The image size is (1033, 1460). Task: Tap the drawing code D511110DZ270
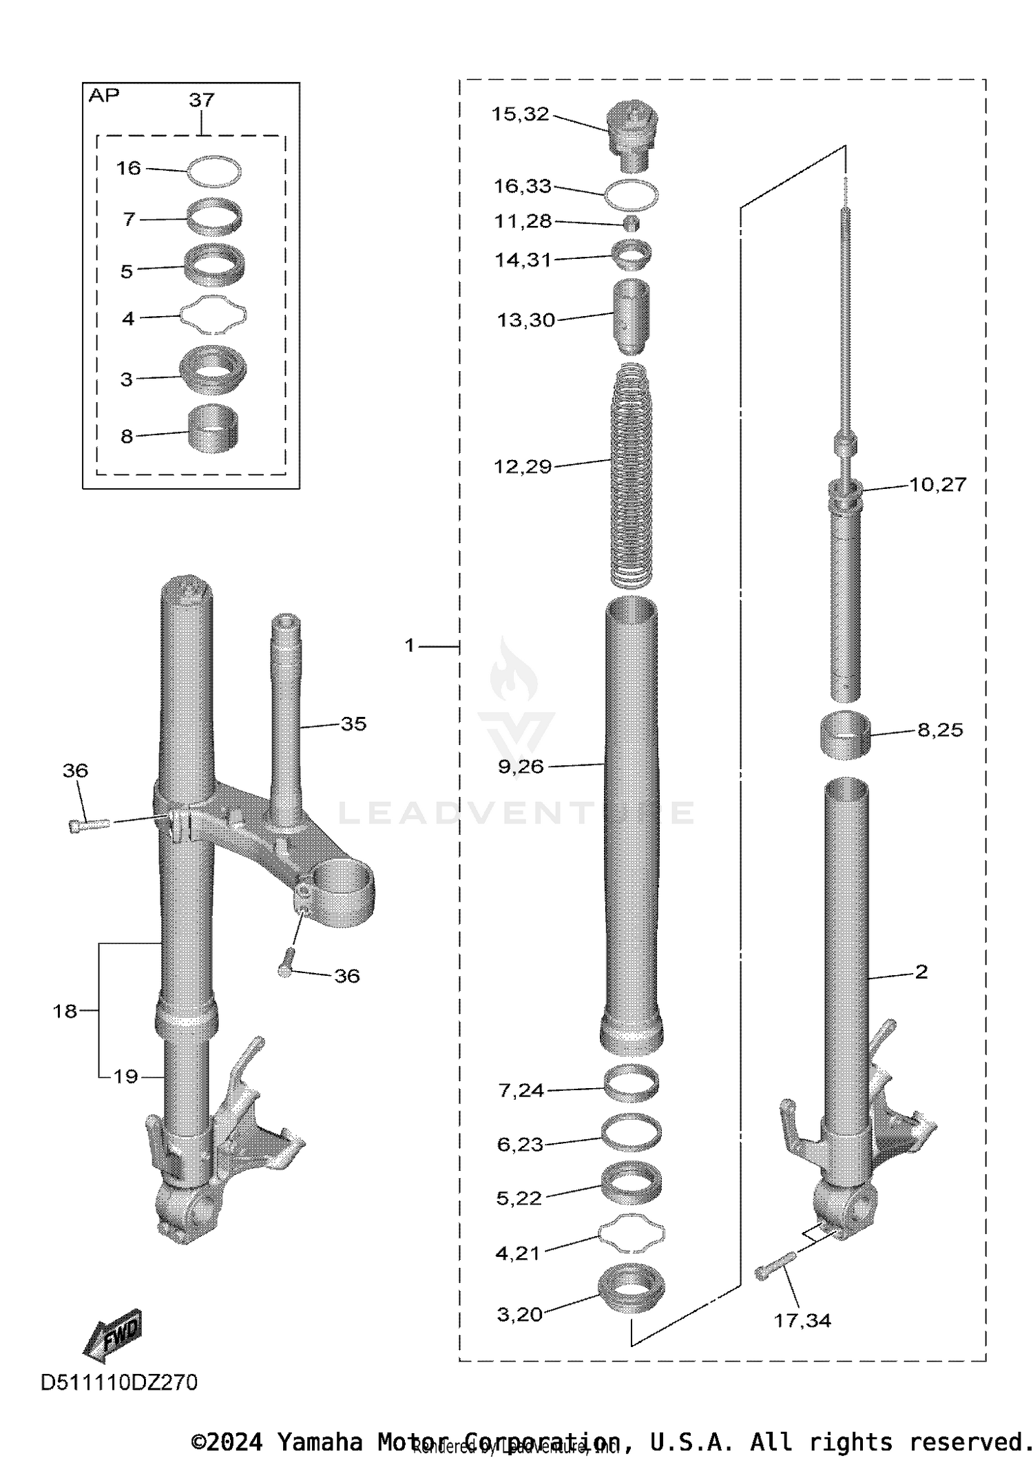[119, 1382]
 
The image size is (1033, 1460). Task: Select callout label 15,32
[520, 114]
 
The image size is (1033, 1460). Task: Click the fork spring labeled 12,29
[630, 475]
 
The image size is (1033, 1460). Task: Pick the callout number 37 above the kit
[201, 101]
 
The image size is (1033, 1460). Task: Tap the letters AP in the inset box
[103, 96]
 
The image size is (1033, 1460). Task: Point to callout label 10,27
[937, 485]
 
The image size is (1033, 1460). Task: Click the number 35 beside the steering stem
[353, 724]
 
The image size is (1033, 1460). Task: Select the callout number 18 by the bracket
[65, 1011]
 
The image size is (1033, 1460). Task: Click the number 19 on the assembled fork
[125, 1076]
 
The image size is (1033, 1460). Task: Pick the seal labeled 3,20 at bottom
[632, 1286]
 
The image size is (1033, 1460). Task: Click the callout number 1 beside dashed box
[409, 645]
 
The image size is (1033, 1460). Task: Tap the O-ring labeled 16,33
[631, 196]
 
